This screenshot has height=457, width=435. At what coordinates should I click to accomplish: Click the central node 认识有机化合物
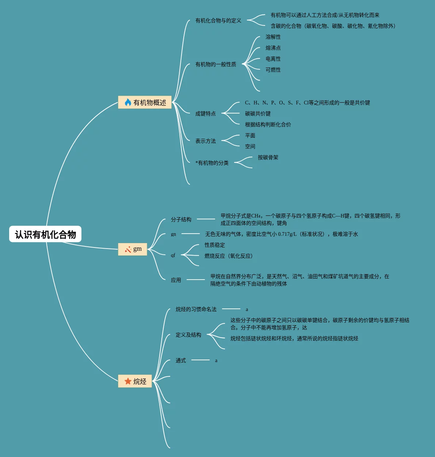pyautogui.click(x=45, y=234)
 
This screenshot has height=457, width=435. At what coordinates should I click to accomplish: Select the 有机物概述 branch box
pyautogui.click(x=145, y=103)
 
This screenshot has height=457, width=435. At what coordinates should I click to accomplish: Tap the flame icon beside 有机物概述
pyautogui.click(x=128, y=103)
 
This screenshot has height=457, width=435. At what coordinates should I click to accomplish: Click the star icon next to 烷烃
pyautogui.click(x=128, y=381)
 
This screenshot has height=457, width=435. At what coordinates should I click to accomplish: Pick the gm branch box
pyautogui.click(x=133, y=249)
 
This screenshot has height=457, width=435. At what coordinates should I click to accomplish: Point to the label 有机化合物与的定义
pyautogui.click(x=218, y=20)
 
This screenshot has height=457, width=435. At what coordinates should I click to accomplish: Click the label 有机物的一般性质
pyautogui.click(x=215, y=64)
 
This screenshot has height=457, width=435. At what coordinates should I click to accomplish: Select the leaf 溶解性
pyautogui.click(x=273, y=37)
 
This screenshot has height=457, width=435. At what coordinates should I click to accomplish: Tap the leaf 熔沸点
pyautogui.click(x=273, y=48)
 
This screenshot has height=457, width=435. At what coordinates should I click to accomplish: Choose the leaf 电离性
pyautogui.click(x=273, y=59)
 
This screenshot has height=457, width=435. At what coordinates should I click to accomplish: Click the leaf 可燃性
pyautogui.click(x=273, y=70)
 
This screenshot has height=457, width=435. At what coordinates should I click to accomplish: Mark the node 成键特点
pyautogui.click(x=205, y=114)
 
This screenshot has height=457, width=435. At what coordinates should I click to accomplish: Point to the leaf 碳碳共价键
pyautogui.click(x=257, y=114)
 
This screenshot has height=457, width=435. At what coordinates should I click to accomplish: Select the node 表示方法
pyautogui.click(x=205, y=141)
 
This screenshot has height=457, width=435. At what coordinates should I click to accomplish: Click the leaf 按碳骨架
pyautogui.click(x=268, y=157)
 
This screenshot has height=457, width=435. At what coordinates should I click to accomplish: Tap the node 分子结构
pyautogui.click(x=181, y=219)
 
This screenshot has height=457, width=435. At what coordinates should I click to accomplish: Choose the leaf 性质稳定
pyautogui.click(x=214, y=245)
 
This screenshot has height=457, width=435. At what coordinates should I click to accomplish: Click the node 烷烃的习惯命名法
pyautogui.click(x=196, y=309)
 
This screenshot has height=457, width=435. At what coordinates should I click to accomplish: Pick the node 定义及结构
pyautogui.click(x=188, y=335)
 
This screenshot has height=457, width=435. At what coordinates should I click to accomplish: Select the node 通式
pyautogui.click(x=180, y=360)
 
